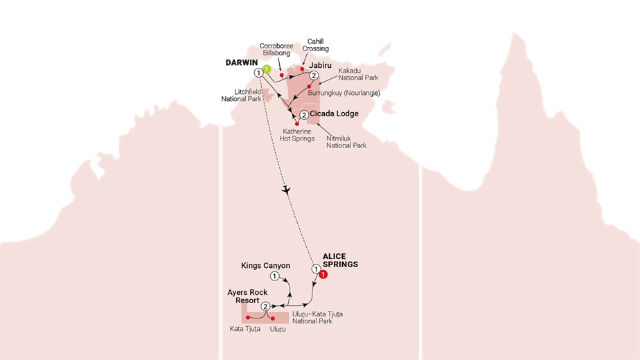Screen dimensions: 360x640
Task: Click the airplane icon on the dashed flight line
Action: pyautogui.click(x=286, y=190)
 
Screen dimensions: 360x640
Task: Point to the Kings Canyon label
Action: pyautogui.click(x=265, y=265)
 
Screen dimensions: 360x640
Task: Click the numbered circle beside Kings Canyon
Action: pyautogui.click(x=275, y=276)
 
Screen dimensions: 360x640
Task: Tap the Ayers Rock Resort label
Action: pyautogui.click(x=247, y=297)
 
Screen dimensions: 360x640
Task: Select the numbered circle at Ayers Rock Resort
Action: pyautogui.click(x=265, y=306)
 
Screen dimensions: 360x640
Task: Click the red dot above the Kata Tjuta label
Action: pyautogui.click(x=247, y=318)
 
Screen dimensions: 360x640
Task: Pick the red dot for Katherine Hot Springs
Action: pyautogui.click(x=297, y=123)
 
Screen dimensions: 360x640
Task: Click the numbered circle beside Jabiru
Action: pyautogui.click(x=314, y=76)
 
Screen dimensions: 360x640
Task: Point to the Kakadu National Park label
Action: pyautogui.click(x=357, y=75)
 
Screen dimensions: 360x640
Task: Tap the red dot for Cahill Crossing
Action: pyautogui.click(x=302, y=69)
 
